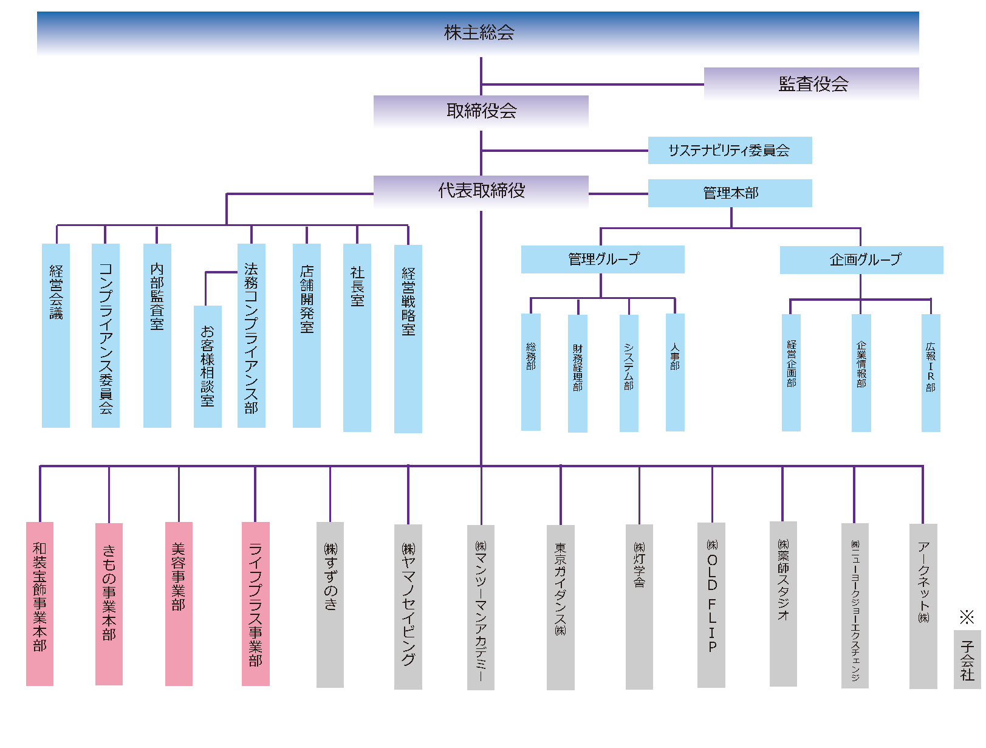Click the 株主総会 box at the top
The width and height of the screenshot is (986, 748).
coord(478,33)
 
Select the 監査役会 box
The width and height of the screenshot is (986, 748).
coord(812,84)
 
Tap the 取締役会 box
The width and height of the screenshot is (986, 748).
coord(481,111)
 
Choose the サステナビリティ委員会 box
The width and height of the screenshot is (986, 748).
coord(730,151)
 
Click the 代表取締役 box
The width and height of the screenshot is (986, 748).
coord(481,191)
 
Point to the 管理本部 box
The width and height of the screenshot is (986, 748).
coord(730,193)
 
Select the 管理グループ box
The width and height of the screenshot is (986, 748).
coord(603,259)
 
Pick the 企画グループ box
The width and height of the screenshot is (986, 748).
coord(861,260)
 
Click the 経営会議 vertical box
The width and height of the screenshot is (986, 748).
coord(56,335)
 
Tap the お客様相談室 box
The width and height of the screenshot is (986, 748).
coord(208,366)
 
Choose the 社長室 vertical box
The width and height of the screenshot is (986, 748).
coord(357,338)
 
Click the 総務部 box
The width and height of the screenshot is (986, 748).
coord(531,372)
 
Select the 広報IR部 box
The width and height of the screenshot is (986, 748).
coord(931,372)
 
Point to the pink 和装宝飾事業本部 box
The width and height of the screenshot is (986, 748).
coord(39,603)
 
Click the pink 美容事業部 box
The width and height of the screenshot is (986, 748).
coord(179,603)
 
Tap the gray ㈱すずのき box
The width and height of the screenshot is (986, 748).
coord(330,605)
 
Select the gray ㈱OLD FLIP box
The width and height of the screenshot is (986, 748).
coord(711,605)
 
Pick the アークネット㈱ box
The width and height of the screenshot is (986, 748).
coord(923,606)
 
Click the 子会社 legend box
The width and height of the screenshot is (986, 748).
coord(967,660)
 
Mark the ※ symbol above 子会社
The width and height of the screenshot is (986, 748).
coord(967,617)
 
